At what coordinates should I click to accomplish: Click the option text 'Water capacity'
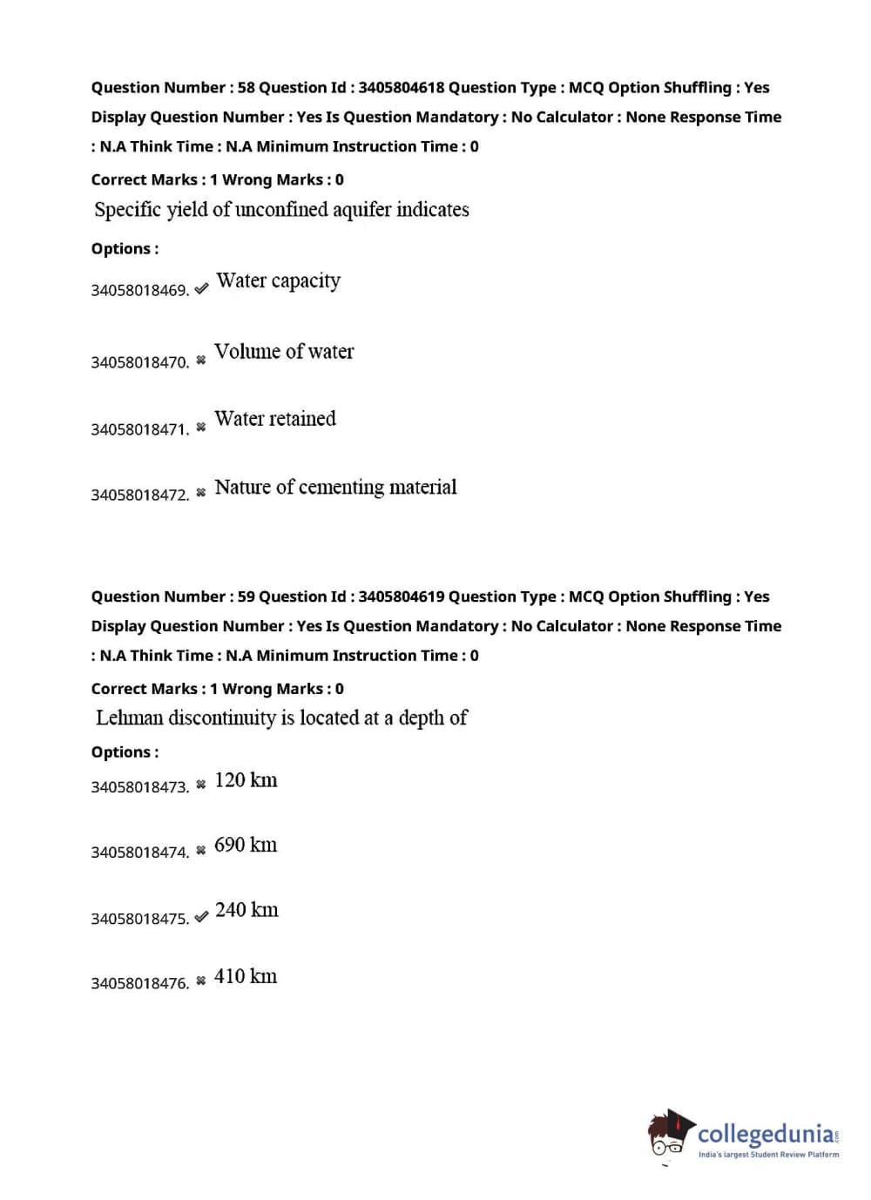[x=278, y=281]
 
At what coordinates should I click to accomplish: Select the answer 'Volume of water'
[x=284, y=352]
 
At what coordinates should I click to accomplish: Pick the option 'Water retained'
[x=274, y=419]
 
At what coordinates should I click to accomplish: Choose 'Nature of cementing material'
[x=335, y=488]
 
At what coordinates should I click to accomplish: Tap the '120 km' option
[x=246, y=780]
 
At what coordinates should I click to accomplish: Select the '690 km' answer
[x=246, y=846]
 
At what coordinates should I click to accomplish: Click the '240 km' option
[x=246, y=911]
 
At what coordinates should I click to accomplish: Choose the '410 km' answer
[x=246, y=977]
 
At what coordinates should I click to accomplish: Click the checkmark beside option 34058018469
[x=201, y=288]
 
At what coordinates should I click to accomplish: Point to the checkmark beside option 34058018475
[x=201, y=917]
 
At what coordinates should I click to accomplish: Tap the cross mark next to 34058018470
[x=201, y=360]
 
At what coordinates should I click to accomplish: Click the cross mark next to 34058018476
[x=201, y=981]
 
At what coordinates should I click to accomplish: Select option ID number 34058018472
[x=139, y=495]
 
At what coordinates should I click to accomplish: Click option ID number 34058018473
[x=139, y=787]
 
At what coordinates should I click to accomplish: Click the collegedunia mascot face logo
[x=669, y=1136]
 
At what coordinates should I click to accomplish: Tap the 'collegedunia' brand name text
[x=766, y=1134]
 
